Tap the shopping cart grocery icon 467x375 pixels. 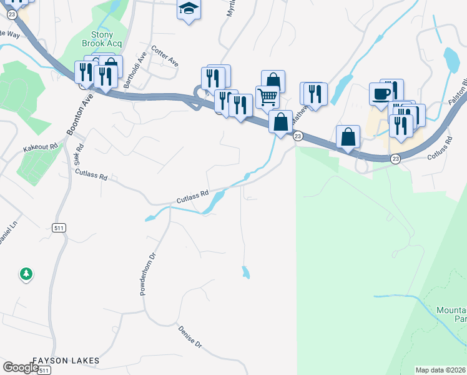point(267,97)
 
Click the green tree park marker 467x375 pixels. point(26,274)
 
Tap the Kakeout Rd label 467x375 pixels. point(40,147)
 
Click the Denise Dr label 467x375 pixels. point(190,336)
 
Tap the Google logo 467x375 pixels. point(21,367)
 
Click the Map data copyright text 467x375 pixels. point(441,370)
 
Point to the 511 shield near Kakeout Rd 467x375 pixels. point(59,227)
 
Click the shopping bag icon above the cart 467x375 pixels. point(273,81)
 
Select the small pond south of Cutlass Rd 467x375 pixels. point(246,272)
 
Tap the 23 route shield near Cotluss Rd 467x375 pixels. point(395,159)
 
